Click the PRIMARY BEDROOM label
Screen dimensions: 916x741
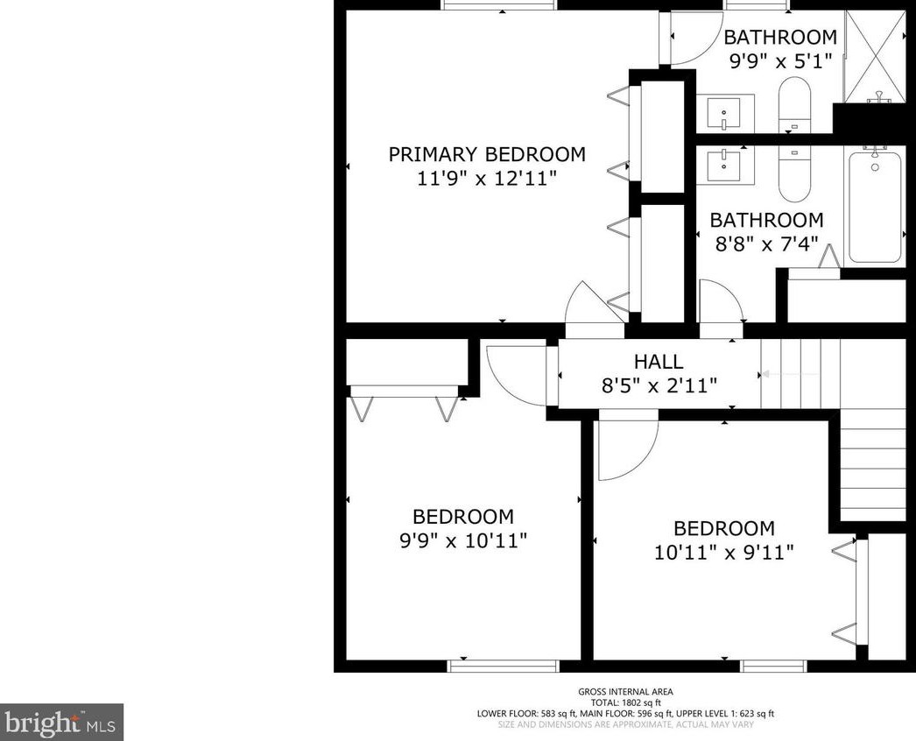(487, 154)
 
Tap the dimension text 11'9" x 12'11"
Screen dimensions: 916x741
(486, 178)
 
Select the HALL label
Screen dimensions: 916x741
(659, 362)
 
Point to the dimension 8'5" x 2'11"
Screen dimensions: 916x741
(659, 385)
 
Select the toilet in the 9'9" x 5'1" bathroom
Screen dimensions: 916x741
(794, 105)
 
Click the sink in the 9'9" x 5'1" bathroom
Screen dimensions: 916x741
(725, 114)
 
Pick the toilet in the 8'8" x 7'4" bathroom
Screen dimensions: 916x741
(794, 173)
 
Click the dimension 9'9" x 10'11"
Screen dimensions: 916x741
(463, 540)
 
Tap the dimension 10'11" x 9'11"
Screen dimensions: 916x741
(724, 552)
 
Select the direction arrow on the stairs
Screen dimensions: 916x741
(790, 374)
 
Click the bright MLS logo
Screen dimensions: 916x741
(61, 723)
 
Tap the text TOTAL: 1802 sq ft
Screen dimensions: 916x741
(625, 703)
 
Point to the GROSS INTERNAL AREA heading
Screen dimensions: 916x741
(625, 692)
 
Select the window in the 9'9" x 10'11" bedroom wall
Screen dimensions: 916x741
(504, 667)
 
